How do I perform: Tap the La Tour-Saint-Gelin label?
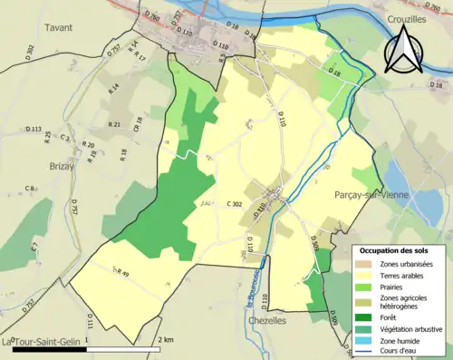[41, 341]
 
